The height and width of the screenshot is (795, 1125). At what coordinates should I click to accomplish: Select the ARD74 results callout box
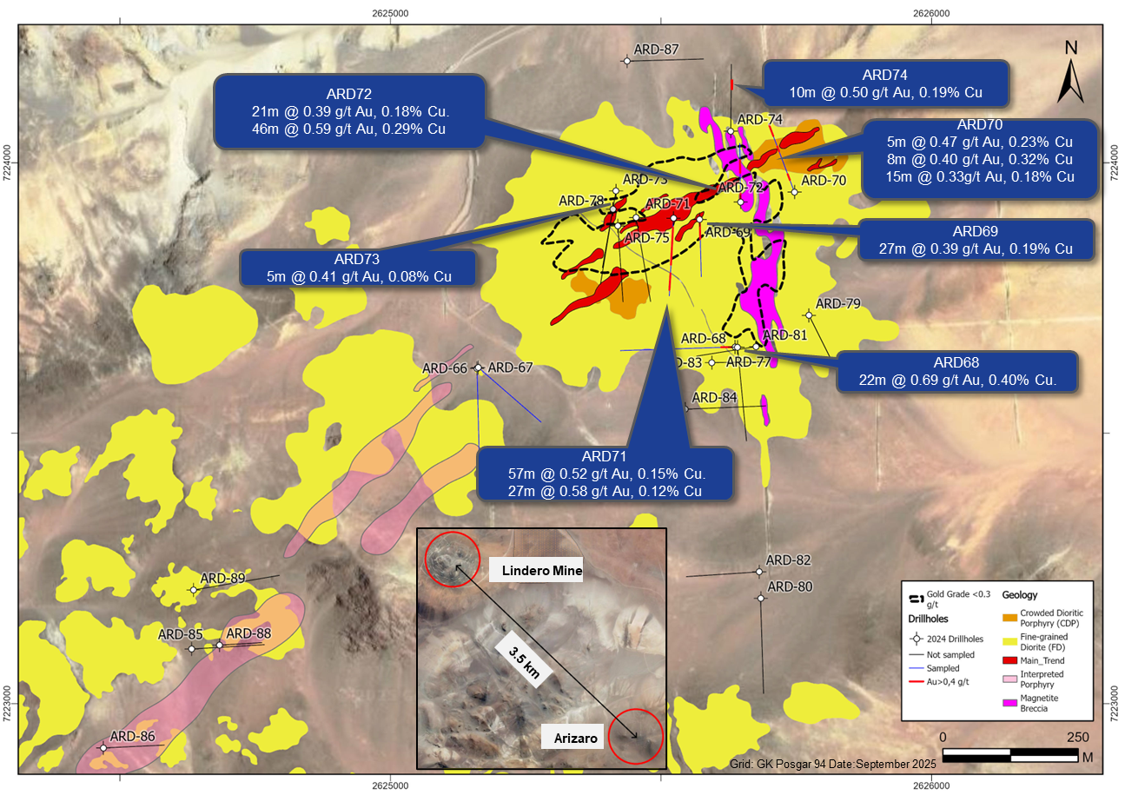[885, 83]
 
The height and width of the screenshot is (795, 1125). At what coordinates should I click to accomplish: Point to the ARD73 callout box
[357, 268]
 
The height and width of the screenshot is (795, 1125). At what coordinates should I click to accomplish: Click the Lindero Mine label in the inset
[535, 571]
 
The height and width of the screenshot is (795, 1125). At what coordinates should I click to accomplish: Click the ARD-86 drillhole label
[132, 737]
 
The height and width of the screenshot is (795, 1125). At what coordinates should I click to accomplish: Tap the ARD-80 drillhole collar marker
[761, 598]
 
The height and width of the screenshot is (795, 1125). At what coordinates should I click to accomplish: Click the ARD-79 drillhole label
[838, 304]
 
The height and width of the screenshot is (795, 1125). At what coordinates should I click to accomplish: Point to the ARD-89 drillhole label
[222, 578]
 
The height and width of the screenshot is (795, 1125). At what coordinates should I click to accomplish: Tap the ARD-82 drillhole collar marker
[759, 572]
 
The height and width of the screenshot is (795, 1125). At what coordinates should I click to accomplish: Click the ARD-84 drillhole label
[715, 398]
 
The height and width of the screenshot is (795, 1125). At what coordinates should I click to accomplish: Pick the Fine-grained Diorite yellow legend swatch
[1010, 641]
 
